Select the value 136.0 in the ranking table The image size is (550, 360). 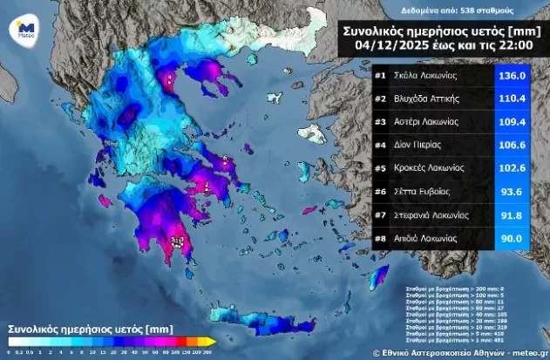[513, 75]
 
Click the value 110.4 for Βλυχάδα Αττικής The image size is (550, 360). [513, 99]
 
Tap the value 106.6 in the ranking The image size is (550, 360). [513, 146]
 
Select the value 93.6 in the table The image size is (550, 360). [513, 192]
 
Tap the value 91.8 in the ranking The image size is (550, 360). [513, 214]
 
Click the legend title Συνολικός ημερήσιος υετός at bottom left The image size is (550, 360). [78, 329]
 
